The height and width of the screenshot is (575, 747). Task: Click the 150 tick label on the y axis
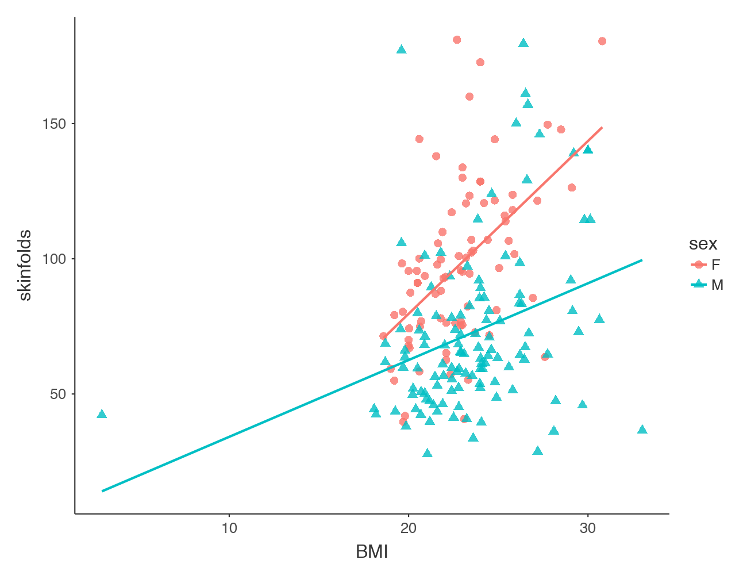click(55, 124)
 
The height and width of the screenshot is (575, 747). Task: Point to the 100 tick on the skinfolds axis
click(55, 259)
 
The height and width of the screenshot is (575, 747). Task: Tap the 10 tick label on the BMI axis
click(229, 528)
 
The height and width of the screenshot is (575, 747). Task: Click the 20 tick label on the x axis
click(409, 528)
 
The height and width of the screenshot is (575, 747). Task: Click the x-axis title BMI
click(372, 553)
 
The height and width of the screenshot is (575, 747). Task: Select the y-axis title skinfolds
click(25, 265)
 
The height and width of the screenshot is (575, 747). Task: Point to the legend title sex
click(703, 244)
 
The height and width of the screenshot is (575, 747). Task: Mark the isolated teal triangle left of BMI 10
click(102, 414)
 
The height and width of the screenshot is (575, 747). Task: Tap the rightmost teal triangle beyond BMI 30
click(642, 430)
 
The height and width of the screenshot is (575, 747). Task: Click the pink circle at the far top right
click(602, 41)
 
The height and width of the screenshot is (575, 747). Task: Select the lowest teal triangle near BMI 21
click(427, 453)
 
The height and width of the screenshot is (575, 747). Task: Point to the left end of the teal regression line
click(102, 491)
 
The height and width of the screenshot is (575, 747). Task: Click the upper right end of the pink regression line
click(602, 127)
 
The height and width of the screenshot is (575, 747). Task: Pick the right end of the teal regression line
click(642, 260)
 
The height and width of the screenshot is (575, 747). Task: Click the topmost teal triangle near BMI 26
click(523, 43)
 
